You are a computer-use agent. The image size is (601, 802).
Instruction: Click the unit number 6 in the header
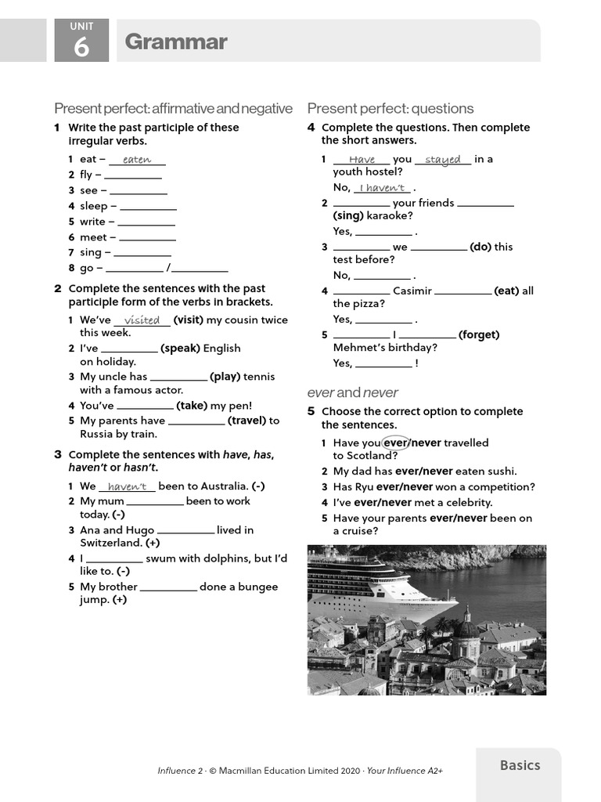coord(81,49)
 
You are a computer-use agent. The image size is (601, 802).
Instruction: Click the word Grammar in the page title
coord(176,42)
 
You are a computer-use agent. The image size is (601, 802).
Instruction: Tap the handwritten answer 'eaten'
coord(137,160)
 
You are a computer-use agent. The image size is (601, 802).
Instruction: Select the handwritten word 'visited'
coord(142,320)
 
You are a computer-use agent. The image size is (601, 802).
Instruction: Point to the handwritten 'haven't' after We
coord(127,486)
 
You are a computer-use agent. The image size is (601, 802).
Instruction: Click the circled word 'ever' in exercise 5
coord(396,443)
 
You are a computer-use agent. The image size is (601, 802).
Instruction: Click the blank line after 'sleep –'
coord(148,207)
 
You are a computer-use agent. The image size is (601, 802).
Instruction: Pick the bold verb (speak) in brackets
coord(180,349)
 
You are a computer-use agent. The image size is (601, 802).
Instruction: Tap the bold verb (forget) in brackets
coord(479,334)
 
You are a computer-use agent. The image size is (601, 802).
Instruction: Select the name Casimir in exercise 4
coord(412,291)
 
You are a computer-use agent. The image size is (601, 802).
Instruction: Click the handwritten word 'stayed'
coord(443,160)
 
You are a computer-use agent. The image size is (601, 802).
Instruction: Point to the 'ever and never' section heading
coord(352,392)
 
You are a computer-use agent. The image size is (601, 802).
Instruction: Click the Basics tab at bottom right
coord(520,765)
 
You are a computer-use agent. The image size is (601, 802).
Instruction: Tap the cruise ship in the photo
coord(368,583)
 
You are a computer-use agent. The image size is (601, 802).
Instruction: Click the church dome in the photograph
coord(467,626)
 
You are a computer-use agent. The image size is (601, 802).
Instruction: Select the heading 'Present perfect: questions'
coord(390,108)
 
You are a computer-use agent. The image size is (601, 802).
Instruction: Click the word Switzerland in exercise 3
coord(110,543)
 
